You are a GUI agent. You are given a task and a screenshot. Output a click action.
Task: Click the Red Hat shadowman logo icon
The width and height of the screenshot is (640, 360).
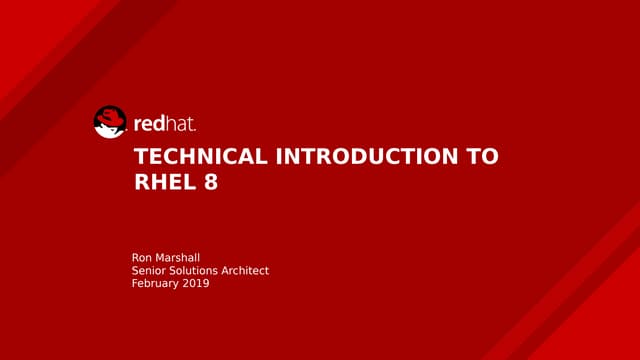pyautogui.click(x=110, y=122)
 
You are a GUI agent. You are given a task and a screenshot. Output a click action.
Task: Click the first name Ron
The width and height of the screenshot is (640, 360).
pyautogui.click(x=143, y=258)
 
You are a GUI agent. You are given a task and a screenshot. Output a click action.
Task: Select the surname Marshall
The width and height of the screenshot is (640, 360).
pyautogui.click(x=181, y=258)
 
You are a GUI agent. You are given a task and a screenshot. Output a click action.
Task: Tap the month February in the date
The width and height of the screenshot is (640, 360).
pyautogui.click(x=155, y=284)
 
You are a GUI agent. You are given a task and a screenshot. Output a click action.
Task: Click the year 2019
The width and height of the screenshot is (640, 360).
pyautogui.click(x=196, y=284)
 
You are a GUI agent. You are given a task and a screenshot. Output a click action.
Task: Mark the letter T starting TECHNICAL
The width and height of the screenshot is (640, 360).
pyautogui.click(x=140, y=157)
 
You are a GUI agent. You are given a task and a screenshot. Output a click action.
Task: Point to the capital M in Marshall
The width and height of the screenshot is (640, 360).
pyautogui.click(x=163, y=258)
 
